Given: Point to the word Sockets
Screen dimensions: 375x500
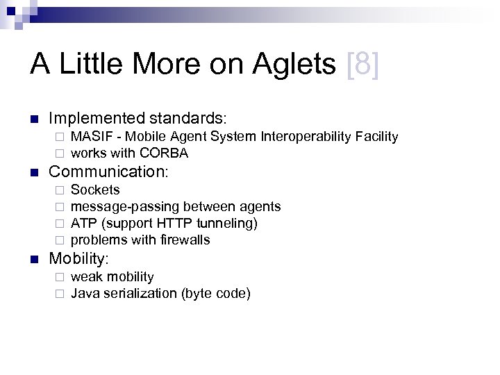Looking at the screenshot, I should [x=95, y=190].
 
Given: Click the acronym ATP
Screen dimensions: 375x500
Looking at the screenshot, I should [x=83, y=223].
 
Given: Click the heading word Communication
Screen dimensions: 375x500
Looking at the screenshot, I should [x=108, y=171].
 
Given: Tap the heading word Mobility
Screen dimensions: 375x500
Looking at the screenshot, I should [x=78, y=258].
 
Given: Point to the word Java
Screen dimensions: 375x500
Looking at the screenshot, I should [x=85, y=293].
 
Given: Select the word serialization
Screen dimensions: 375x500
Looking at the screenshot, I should [x=144, y=293].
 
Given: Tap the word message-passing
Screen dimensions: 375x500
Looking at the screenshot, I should [x=124, y=206].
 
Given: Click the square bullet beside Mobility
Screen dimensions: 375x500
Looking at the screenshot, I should [x=34, y=259].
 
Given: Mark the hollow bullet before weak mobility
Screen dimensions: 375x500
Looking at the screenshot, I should [x=60, y=277].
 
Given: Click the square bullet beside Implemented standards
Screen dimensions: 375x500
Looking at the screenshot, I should [x=34, y=119].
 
